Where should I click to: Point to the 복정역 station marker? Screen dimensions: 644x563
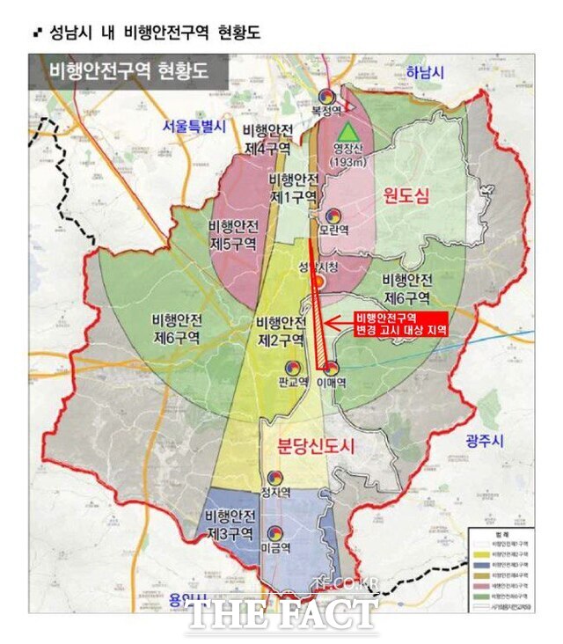(325, 97)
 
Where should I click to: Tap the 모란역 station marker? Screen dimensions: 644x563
(333, 215)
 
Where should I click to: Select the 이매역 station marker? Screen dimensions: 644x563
(330, 369)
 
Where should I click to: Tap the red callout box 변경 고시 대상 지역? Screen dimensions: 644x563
(398, 323)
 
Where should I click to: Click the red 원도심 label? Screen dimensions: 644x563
(406, 198)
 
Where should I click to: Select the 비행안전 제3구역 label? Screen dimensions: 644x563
(231, 523)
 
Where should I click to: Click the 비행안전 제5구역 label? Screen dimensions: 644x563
(232, 234)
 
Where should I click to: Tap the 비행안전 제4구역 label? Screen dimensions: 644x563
(264, 139)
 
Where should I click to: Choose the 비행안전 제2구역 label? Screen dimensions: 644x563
(281, 330)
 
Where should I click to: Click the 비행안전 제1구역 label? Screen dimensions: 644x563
(296, 185)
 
